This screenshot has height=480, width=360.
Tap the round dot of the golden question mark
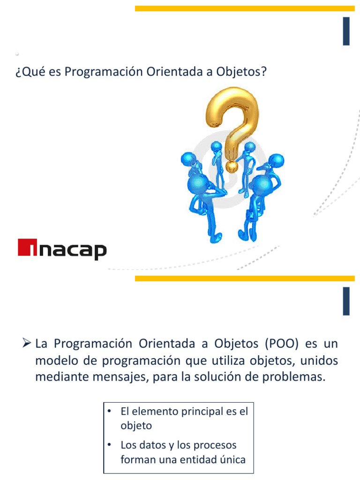coord(231,166)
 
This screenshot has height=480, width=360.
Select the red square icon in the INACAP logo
coord(27,247)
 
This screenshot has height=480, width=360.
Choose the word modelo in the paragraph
coord(53,360)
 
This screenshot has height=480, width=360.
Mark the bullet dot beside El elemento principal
coord(109,412)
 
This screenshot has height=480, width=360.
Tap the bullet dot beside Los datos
coord(109,444)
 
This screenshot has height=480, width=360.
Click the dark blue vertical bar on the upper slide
coord(346,31)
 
